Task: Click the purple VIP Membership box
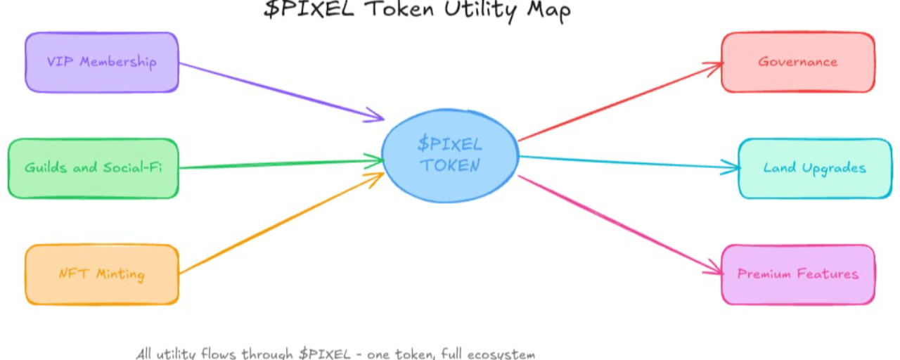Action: point(102,62)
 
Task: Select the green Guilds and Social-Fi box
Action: point(93,168)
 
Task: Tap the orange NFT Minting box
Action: point(102,274)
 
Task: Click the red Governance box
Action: point(798,62)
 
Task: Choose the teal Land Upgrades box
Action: point(815,169)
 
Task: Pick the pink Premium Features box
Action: point(798,274)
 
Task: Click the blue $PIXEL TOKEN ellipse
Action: point(450,155)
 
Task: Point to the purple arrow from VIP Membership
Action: point(281,91)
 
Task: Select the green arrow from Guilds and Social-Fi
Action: point(281,165)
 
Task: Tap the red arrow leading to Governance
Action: point(619,102)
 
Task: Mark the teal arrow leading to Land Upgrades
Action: point(626,162)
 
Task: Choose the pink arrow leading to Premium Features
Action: point(619,224)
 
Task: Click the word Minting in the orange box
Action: point(120,274)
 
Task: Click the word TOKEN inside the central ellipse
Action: point(450,166)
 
